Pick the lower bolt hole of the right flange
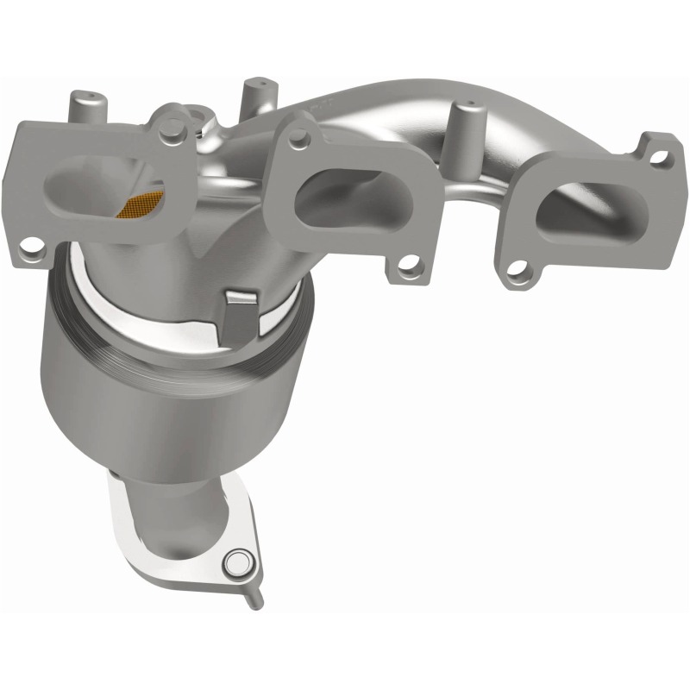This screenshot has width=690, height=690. [517, 275]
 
